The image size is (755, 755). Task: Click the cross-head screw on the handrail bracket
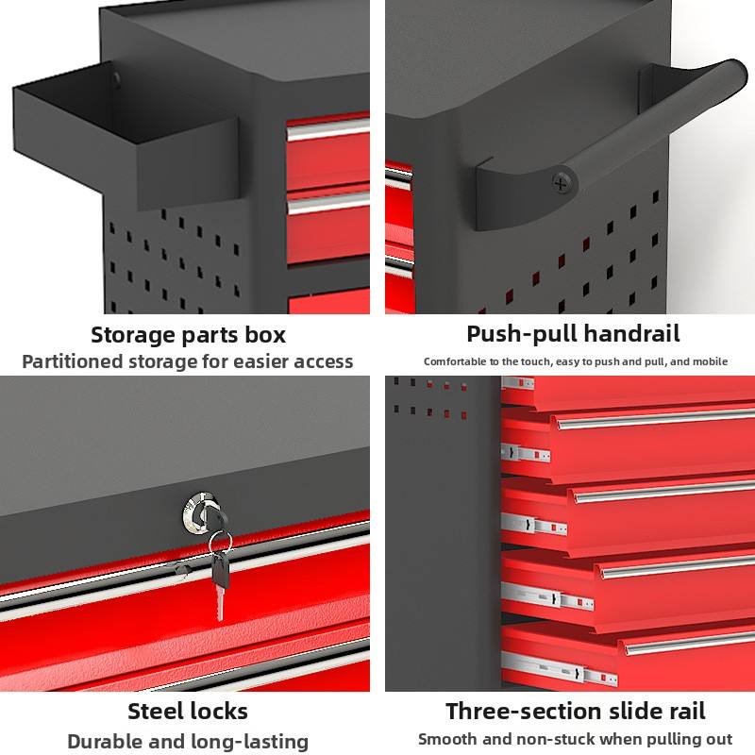point(561,182)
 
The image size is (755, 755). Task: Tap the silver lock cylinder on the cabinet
point(198,512)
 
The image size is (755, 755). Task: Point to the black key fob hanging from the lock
point(221,570)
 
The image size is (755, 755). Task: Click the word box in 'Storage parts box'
point(265,335)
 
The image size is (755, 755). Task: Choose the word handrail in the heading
point(631,333)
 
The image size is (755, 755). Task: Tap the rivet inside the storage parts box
point(116,77)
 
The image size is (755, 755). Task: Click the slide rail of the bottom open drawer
point(559,668)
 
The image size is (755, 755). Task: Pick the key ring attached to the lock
point(220,540)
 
